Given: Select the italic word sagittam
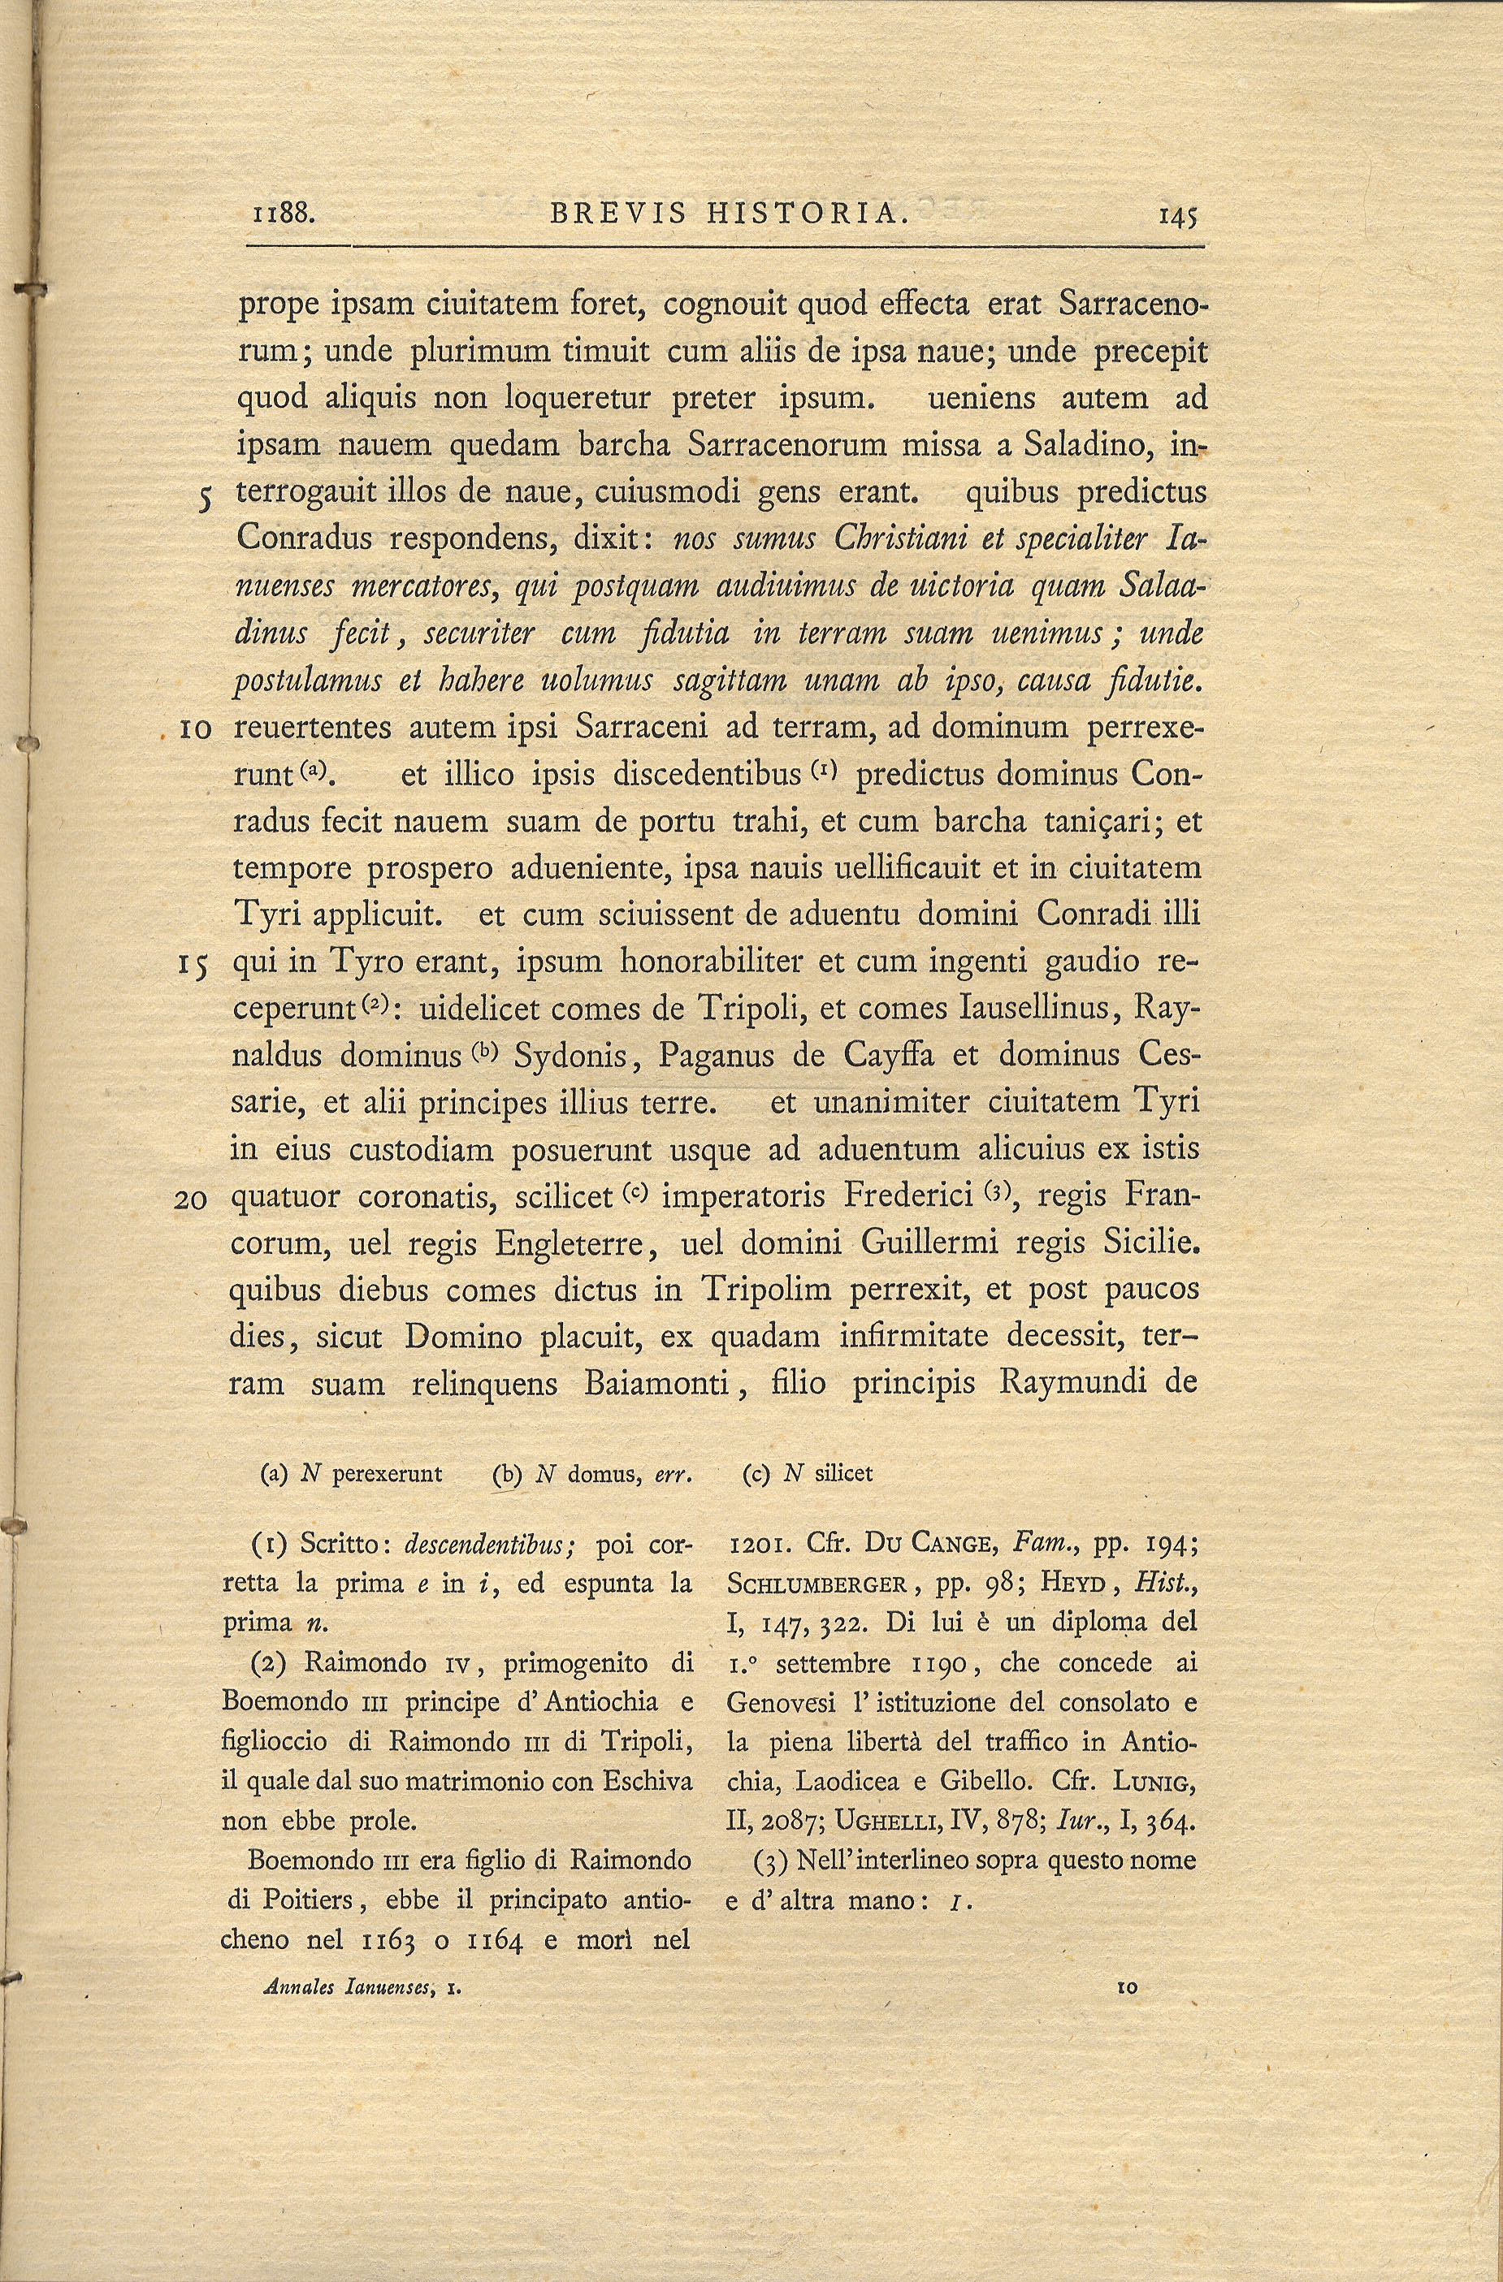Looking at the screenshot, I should coord(731,681).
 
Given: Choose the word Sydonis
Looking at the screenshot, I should coord(572,1056).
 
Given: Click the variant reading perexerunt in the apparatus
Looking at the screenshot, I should coord(387,1474).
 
